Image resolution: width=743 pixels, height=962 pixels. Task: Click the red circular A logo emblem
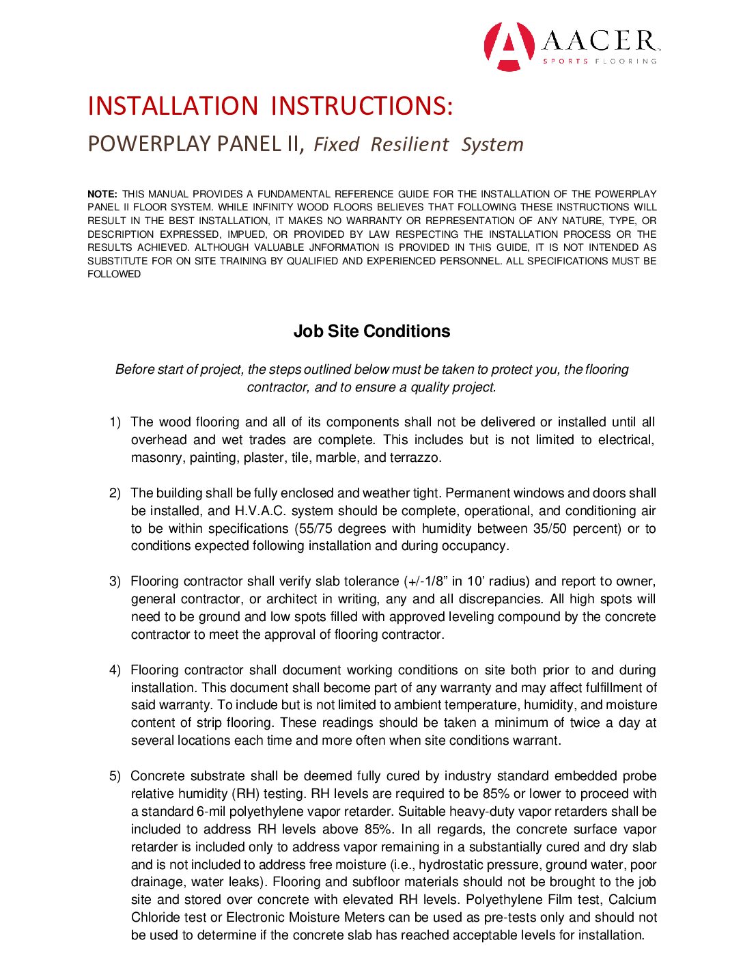point(509,46)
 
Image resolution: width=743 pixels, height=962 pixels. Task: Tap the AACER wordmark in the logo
point(600,41)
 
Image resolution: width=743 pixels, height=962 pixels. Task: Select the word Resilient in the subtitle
point(410,144)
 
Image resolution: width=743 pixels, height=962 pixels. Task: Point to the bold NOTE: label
point(102,194)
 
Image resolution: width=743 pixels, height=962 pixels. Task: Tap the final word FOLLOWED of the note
point(114,274)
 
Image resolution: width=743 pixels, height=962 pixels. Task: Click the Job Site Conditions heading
point(371,331)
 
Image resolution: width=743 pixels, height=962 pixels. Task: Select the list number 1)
point(115,422)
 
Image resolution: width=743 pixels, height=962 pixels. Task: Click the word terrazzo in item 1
point(415,458)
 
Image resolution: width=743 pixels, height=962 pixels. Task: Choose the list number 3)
point(115,581)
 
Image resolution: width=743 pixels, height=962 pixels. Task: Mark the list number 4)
point(115,670)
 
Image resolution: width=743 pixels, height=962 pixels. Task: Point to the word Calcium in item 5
point(632,900)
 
